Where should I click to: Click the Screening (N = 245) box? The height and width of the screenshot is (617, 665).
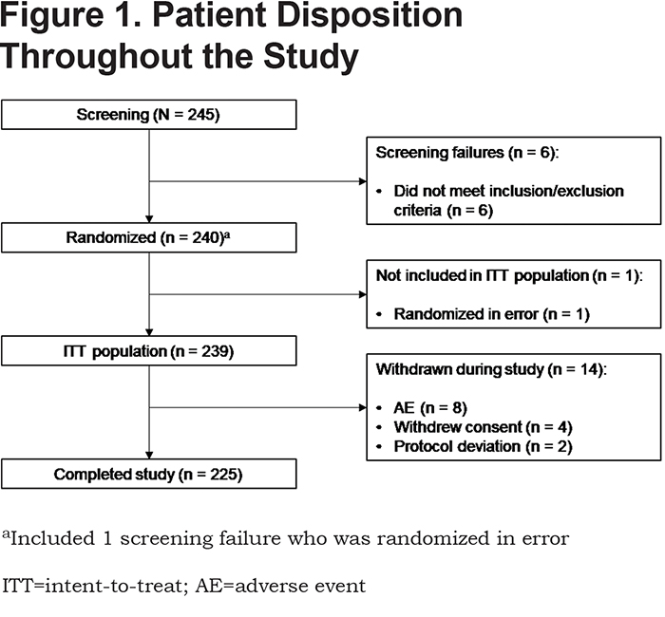pyautogui.click(x=149, y=115)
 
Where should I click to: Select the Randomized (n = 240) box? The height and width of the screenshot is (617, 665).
pyautogui.click(x=149, y=237)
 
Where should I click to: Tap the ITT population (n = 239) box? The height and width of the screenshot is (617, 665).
pyautogui.click(x=149, y=351)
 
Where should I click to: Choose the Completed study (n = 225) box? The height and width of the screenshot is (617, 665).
pyautogui.click(x=149, y=474)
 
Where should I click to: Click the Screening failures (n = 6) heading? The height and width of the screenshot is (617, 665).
pyautogui.click(x=467, y=153)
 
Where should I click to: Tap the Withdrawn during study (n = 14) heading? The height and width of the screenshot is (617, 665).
pyautogui.click(x=491, y=369)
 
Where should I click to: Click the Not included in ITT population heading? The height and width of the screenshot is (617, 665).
pyautogui.click(x=509, y=276)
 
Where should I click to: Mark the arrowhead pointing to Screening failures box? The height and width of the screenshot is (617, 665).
pyautogui.click(x=363, y=181)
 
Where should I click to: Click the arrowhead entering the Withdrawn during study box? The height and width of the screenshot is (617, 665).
pyautogui.click(x=363, y=407)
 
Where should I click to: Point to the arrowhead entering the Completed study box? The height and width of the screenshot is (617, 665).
pyautogui.click(x=149, y=455)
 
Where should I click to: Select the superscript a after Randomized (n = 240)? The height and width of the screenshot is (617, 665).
pyautogui.click(x=227, y=234)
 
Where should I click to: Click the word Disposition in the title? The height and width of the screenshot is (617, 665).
pyautogui.click(x=370, y=16)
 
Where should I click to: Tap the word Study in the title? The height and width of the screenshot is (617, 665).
pyautogui.click(x=311, y=57)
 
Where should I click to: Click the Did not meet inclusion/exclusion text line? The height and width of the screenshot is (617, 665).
pyautogui.click(x=508, y=191)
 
